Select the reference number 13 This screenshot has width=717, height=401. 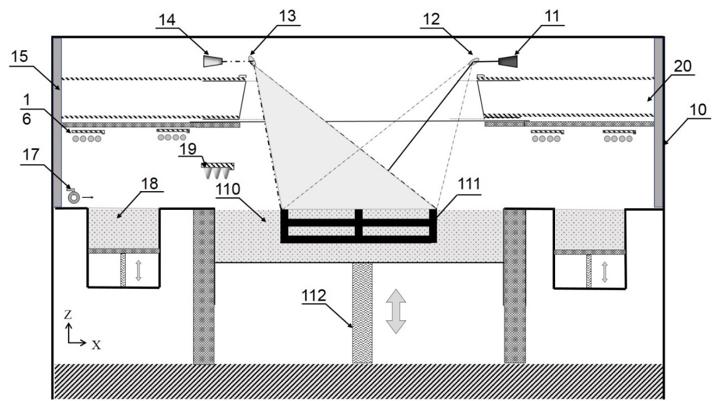(287, 17)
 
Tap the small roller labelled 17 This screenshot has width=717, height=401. (73, 197)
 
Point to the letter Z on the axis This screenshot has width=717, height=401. (68, 314)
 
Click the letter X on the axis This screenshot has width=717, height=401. (96, 345)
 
